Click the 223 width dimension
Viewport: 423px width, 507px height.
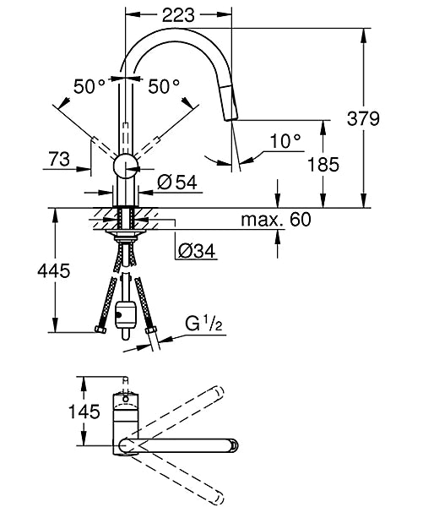(x=178, y=15)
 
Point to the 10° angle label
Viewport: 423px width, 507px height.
(x=286, y=140)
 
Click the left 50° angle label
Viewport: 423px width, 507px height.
(x=91, y=86)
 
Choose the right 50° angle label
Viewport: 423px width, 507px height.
(x=165, y=86)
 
